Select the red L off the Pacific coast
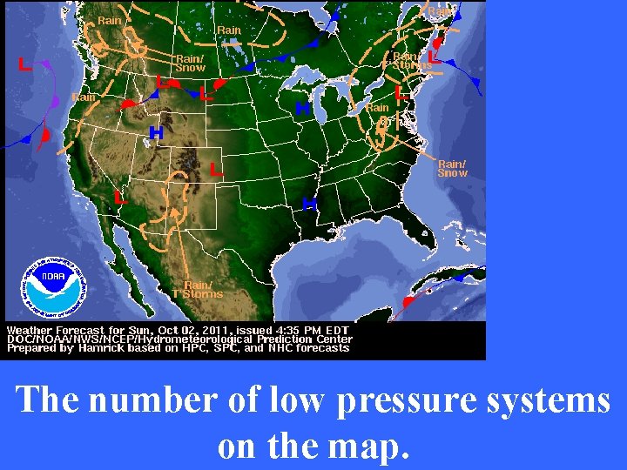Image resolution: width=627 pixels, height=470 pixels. (x=25, y=64)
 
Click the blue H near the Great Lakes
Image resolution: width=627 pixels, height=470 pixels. (x=302, y=109)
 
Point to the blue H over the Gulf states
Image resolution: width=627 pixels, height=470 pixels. (x=308, y=204)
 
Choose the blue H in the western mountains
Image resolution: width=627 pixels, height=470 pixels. (x=156, y=133)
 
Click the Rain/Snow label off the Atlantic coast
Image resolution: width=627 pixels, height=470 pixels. (x=452, y=168)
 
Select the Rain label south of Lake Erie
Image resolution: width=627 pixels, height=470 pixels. (x=377, y=108)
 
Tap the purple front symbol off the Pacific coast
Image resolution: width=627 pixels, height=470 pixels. (x=56, y=102)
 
